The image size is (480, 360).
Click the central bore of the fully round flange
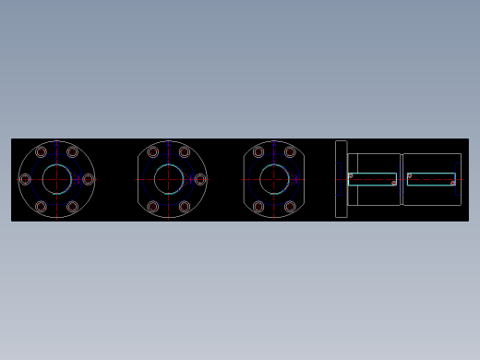56,179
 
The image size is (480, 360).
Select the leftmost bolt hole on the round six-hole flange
25,179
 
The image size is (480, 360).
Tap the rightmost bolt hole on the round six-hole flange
88,179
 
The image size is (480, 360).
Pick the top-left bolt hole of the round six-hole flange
41,152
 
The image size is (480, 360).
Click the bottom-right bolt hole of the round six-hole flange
72,207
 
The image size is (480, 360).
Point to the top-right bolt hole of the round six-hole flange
72,152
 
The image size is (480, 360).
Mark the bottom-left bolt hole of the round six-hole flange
41,207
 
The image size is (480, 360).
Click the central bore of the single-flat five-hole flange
168,179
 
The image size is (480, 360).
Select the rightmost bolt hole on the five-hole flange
199,179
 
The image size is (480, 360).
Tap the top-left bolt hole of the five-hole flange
152,152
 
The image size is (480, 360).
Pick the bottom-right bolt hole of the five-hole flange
184,207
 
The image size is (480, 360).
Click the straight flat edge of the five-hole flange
138,179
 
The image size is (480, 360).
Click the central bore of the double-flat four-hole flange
274,179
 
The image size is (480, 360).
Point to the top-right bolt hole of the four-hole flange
290,152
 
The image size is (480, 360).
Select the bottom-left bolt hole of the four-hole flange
258,207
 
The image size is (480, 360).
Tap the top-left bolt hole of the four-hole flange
258,152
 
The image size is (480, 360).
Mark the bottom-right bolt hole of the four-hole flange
290,207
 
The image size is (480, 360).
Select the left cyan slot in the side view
373,179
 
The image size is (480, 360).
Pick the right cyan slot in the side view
431,179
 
